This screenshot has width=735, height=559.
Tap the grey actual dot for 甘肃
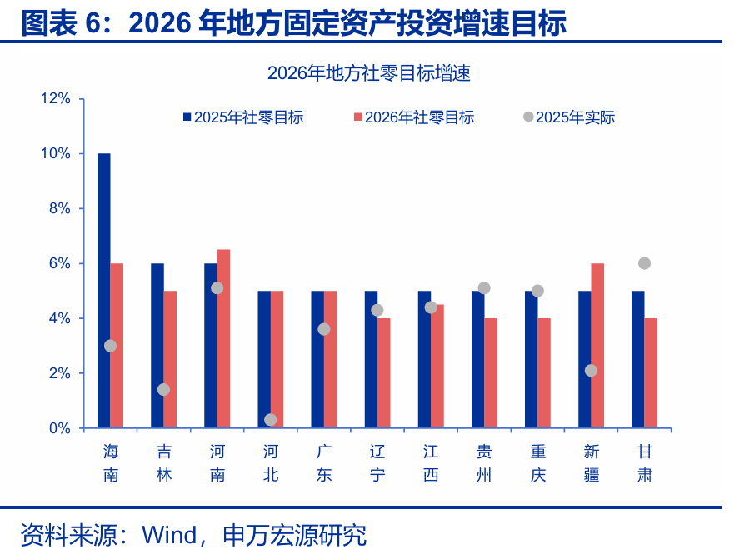(x=644, y=263)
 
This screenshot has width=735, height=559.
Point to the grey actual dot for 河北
(x=270, y=420)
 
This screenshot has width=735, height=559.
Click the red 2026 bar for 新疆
(x=597, y=346)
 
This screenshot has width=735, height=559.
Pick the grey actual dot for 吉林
(x=163, y=389)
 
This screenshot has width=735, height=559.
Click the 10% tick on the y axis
(x=57, y=154)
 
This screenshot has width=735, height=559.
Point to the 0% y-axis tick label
(x=60, y=428)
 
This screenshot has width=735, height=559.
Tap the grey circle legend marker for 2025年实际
(x=527, y=117)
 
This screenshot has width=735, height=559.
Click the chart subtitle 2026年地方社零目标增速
(x=369, y=73)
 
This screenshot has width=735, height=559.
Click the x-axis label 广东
(x=324, y=463)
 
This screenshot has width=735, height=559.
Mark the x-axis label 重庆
(x=537, y=463)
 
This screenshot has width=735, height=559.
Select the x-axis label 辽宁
(x=377, y=463)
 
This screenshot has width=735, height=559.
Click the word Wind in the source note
(x=171, y=535)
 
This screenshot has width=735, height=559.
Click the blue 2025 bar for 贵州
(x=477, y=359)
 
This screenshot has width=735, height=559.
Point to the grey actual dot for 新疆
(x=591, y=370)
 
